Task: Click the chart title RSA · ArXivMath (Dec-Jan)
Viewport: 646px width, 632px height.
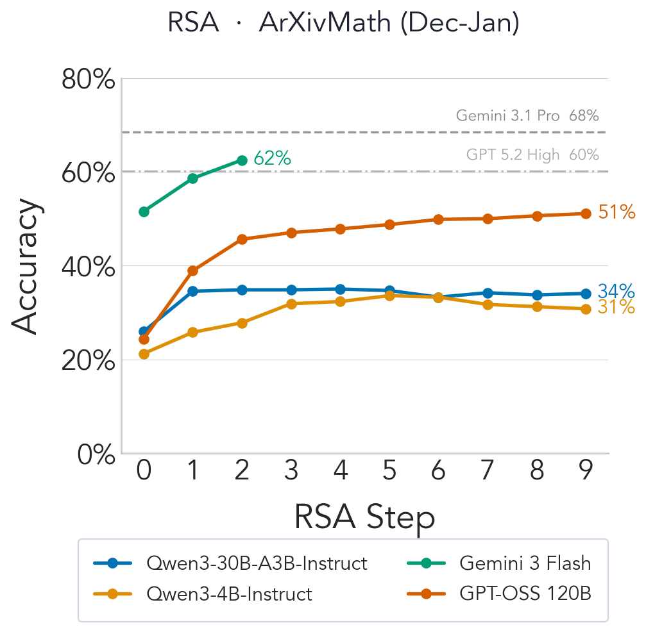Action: click(343, 24)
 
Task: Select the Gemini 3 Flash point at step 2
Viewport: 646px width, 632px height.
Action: click(242, 160)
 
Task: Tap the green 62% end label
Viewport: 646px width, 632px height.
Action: click(273, 158)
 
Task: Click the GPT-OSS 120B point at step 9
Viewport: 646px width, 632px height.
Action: click(586, 213)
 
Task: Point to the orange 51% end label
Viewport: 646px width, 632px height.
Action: click(616, 213)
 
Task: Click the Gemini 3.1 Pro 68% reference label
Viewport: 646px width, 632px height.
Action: click(527, 116)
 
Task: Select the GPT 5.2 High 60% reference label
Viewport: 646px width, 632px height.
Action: click(532, 155)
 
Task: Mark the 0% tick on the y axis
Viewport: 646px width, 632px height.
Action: click(96, 454)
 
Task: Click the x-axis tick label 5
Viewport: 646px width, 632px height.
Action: click(389, 472)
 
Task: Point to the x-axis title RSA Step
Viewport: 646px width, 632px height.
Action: click(364, 517)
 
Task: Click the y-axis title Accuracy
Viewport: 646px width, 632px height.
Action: click(26, 266)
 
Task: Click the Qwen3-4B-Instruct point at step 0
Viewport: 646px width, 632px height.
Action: click(144, 354)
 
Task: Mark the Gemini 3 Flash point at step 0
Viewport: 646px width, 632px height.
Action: click(144, 212)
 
